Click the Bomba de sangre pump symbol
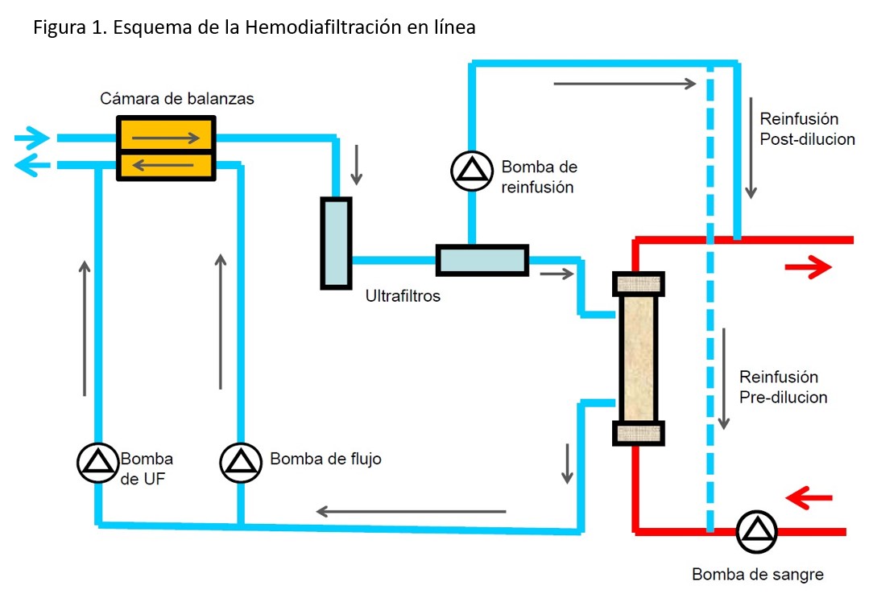[x=756, y=531]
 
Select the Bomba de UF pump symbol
[x=98, y=461]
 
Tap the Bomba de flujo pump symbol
[x=240, y=461]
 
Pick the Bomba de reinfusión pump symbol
[x=470, y=169]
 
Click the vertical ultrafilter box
[x=336, y=242]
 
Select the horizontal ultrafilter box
[x=482, y=259]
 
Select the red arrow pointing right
[x=808, y=267]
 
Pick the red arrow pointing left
[x=808, y=498]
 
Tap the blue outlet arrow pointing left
[x=31, y=165]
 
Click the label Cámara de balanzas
[x=177, y=99]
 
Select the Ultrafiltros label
[x=403, y=296]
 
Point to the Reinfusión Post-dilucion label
[x=806, y=129]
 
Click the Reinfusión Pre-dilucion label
[x=783, y=387]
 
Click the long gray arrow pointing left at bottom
[x=411, y=511]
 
